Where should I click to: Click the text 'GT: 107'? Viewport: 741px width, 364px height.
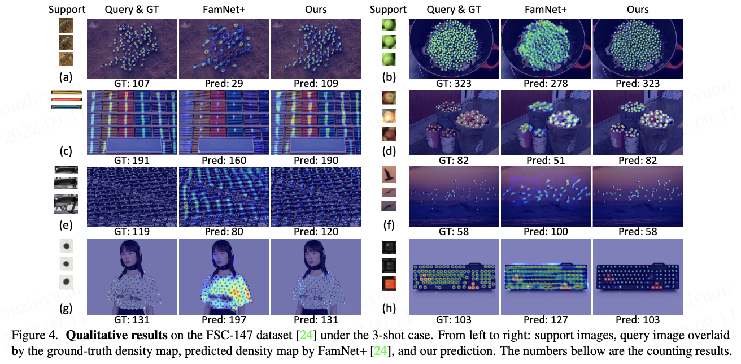(x=132, y=84)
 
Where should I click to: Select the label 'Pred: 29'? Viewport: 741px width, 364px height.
(x=224, y=84)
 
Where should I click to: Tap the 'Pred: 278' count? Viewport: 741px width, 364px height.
(x=546, y=84)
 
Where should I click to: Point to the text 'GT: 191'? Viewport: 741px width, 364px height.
(x=132, y=160)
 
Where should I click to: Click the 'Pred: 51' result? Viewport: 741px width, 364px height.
(x=546, y=160)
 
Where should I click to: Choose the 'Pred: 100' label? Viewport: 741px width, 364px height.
(x=546, y=232)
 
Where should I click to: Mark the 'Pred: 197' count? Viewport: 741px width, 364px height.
(x=224, y=320)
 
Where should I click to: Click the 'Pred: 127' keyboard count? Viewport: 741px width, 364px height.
(x=546, y=320)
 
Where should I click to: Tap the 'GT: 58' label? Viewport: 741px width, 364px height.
(x=455, y=232)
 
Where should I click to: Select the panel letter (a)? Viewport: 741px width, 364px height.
(x=67, y=77)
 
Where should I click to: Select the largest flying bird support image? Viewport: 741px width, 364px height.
(x=389, y=174)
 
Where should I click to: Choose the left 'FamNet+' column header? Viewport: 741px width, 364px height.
(x=224, y=9)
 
